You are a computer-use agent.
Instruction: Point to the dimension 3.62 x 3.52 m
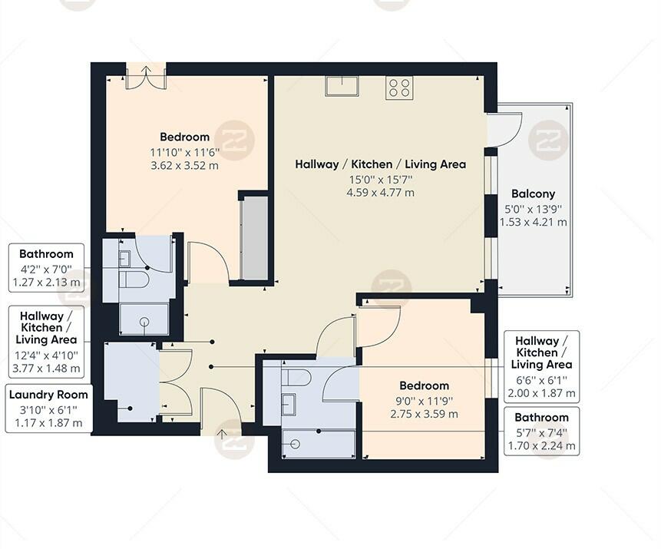(184, 165)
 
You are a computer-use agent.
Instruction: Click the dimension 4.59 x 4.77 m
(380, 193)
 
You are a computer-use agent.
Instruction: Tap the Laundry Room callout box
(48, 409)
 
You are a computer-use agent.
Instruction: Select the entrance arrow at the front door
(223, 435)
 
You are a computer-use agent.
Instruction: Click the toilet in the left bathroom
(135, 279)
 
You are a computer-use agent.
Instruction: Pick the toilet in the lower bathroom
(296, 377)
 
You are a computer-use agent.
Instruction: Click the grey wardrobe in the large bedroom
(254, 238)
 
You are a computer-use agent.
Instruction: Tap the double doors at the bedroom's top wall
(146, 78)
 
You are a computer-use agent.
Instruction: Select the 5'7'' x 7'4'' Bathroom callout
(541, 432)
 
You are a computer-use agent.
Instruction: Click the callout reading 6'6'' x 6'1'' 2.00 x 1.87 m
(541, 368)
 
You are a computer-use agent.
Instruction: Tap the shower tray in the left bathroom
(144, 319)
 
